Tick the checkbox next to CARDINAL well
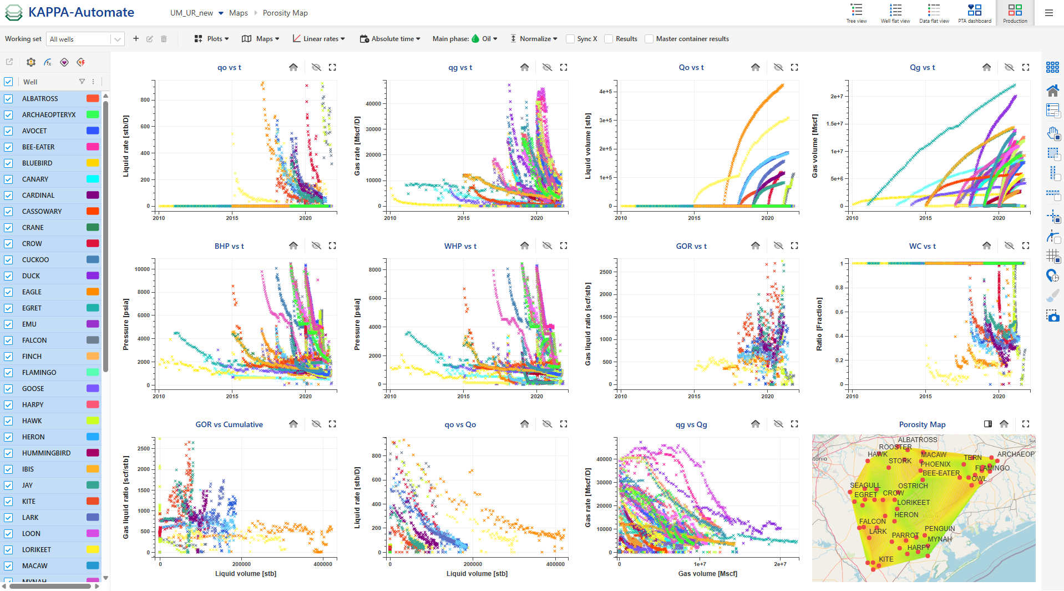coord(8,196)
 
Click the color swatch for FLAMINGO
coord(93,372)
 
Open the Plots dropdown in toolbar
coord(211,39)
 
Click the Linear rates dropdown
coord(319,39)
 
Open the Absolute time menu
coord(390,39)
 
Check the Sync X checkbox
coord(570,39)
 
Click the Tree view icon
coord(857,12)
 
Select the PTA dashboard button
coord(974,12)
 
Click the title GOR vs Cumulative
coord(229,424)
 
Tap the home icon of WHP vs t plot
coord(524,246)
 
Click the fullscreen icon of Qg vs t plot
coord(1026,67)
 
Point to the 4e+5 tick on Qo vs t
coord(605,92)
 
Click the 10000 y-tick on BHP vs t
coord(142,269)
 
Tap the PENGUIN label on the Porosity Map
coord(940,529)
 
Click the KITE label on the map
coord(886,559)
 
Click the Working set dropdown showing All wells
coord(85,39)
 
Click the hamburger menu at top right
coord(1048,13)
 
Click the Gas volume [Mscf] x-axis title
coord(707,574)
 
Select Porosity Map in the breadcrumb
coord(285,13)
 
